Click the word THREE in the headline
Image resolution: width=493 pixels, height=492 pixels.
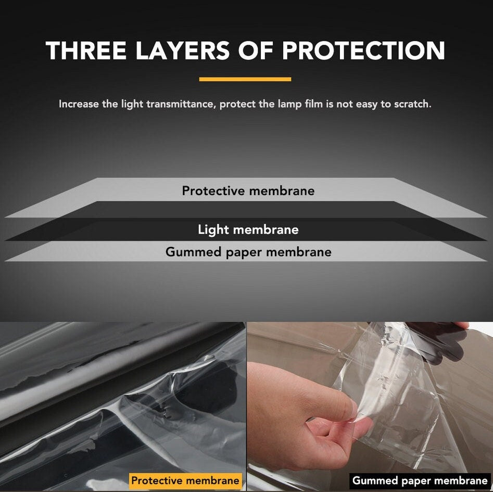point(86,51)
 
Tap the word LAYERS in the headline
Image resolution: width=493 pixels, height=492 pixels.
point(182,51)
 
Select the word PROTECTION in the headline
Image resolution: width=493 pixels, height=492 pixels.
point(363,51)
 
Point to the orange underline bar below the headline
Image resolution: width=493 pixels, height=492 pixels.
point(245,79)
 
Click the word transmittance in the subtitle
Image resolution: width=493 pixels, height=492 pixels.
point(180,104)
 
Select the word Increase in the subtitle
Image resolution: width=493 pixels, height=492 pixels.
point(79,104)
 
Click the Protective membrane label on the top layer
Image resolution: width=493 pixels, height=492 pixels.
point(248,191)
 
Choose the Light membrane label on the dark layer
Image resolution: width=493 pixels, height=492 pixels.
point(248,230)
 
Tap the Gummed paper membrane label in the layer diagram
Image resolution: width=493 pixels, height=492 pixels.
point(248,252)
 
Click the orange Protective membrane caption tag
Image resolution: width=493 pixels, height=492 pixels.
point(185,481)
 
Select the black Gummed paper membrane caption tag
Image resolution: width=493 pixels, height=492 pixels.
point(420,481)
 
